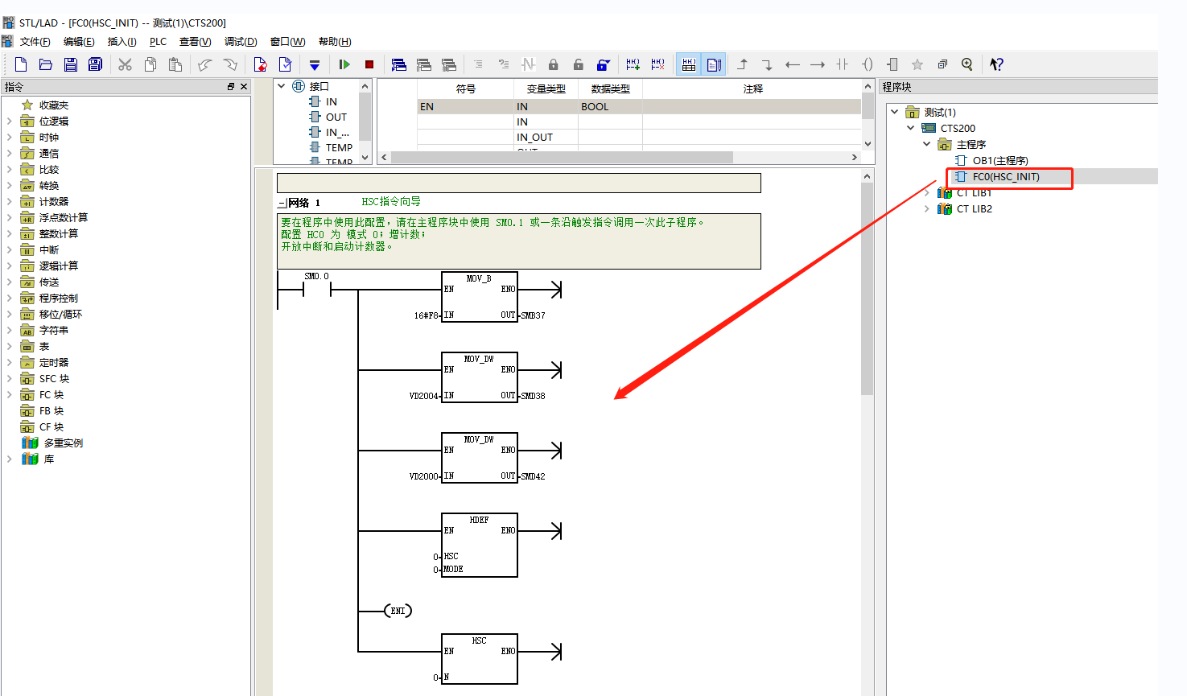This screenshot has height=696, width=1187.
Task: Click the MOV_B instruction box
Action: point(479,297)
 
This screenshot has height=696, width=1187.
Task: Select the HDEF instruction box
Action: point(479,545)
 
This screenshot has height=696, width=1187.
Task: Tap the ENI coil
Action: point(398,611)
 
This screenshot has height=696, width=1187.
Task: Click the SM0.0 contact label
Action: point(316,277)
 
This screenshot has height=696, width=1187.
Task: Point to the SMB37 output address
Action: point(533,315)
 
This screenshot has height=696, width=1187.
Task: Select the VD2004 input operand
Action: point(424,396)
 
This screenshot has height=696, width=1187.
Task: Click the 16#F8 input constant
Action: point(426,315)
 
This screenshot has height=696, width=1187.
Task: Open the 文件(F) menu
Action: point(35,42)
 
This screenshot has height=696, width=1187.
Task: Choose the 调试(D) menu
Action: point(241,42)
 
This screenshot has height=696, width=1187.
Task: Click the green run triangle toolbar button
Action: point(344,64)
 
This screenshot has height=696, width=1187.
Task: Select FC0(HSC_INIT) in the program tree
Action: point(1006,177)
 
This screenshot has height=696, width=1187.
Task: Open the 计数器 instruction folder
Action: point(54,202)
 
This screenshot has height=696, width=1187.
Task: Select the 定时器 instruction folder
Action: point(54,363)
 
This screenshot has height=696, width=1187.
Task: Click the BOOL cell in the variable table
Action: point(595,106)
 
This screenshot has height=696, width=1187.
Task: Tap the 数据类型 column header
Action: point(611,89)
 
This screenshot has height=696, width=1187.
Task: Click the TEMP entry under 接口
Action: point(339,148)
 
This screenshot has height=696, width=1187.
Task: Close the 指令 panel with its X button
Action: point(244,86)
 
